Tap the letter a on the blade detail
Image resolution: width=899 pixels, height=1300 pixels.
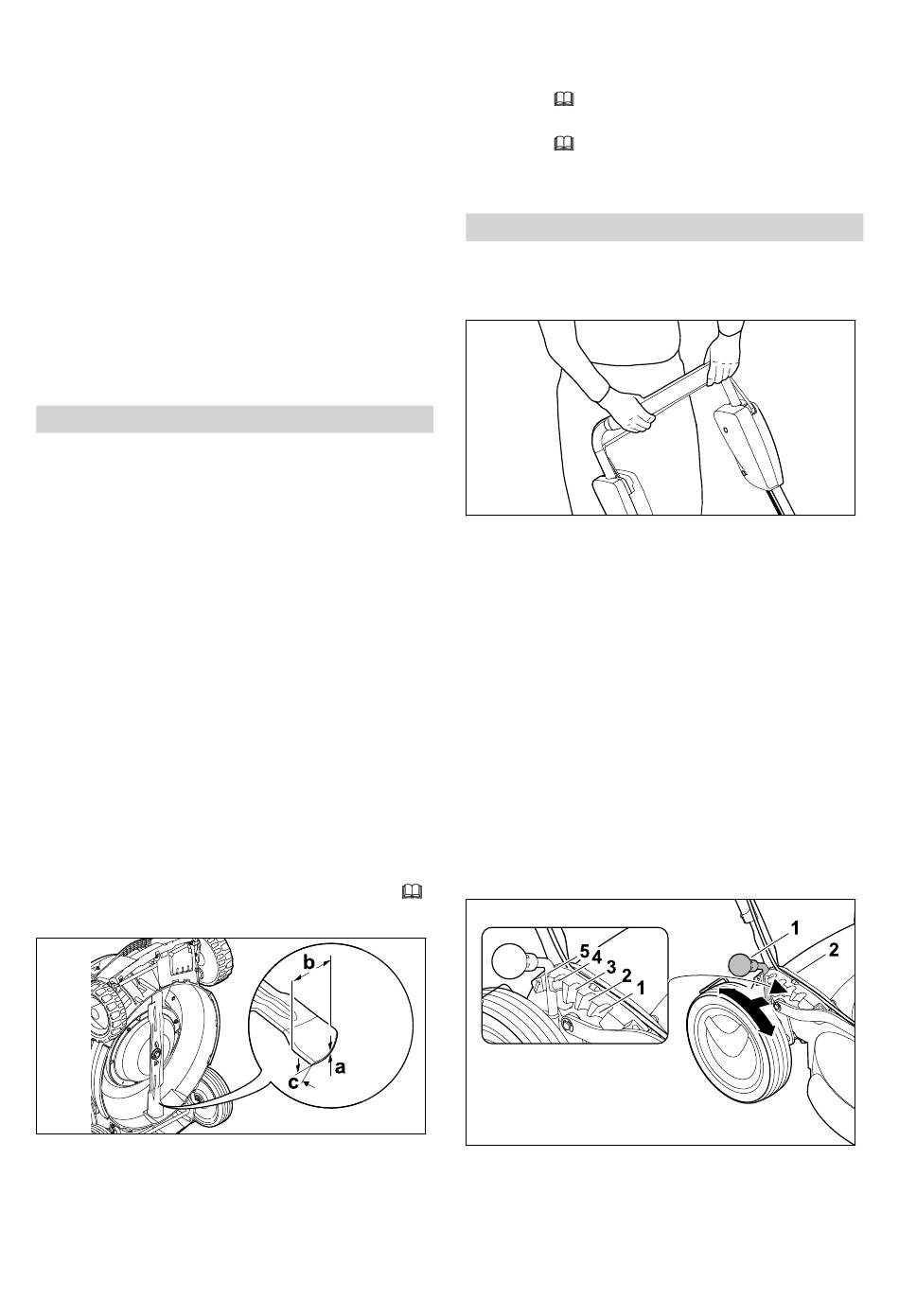pos(340,1065)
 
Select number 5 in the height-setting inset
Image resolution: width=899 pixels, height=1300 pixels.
pos(585,952)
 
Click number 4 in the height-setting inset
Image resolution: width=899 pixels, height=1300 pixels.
pos(596,955)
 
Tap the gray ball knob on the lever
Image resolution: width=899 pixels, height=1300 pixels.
pos(738,966)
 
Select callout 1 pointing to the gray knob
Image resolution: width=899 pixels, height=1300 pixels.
pos(795,928)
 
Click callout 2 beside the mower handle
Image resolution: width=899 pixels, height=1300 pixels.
pos(834,950)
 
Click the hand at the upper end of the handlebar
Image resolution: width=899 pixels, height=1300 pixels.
pos(720,360)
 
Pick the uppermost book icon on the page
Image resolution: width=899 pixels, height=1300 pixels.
pos(564,100)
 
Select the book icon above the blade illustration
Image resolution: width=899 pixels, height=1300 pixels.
pos(412,891)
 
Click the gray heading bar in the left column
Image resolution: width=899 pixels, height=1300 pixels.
pos(235,419)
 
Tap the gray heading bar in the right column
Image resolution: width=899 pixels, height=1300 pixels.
pos(664,227)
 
